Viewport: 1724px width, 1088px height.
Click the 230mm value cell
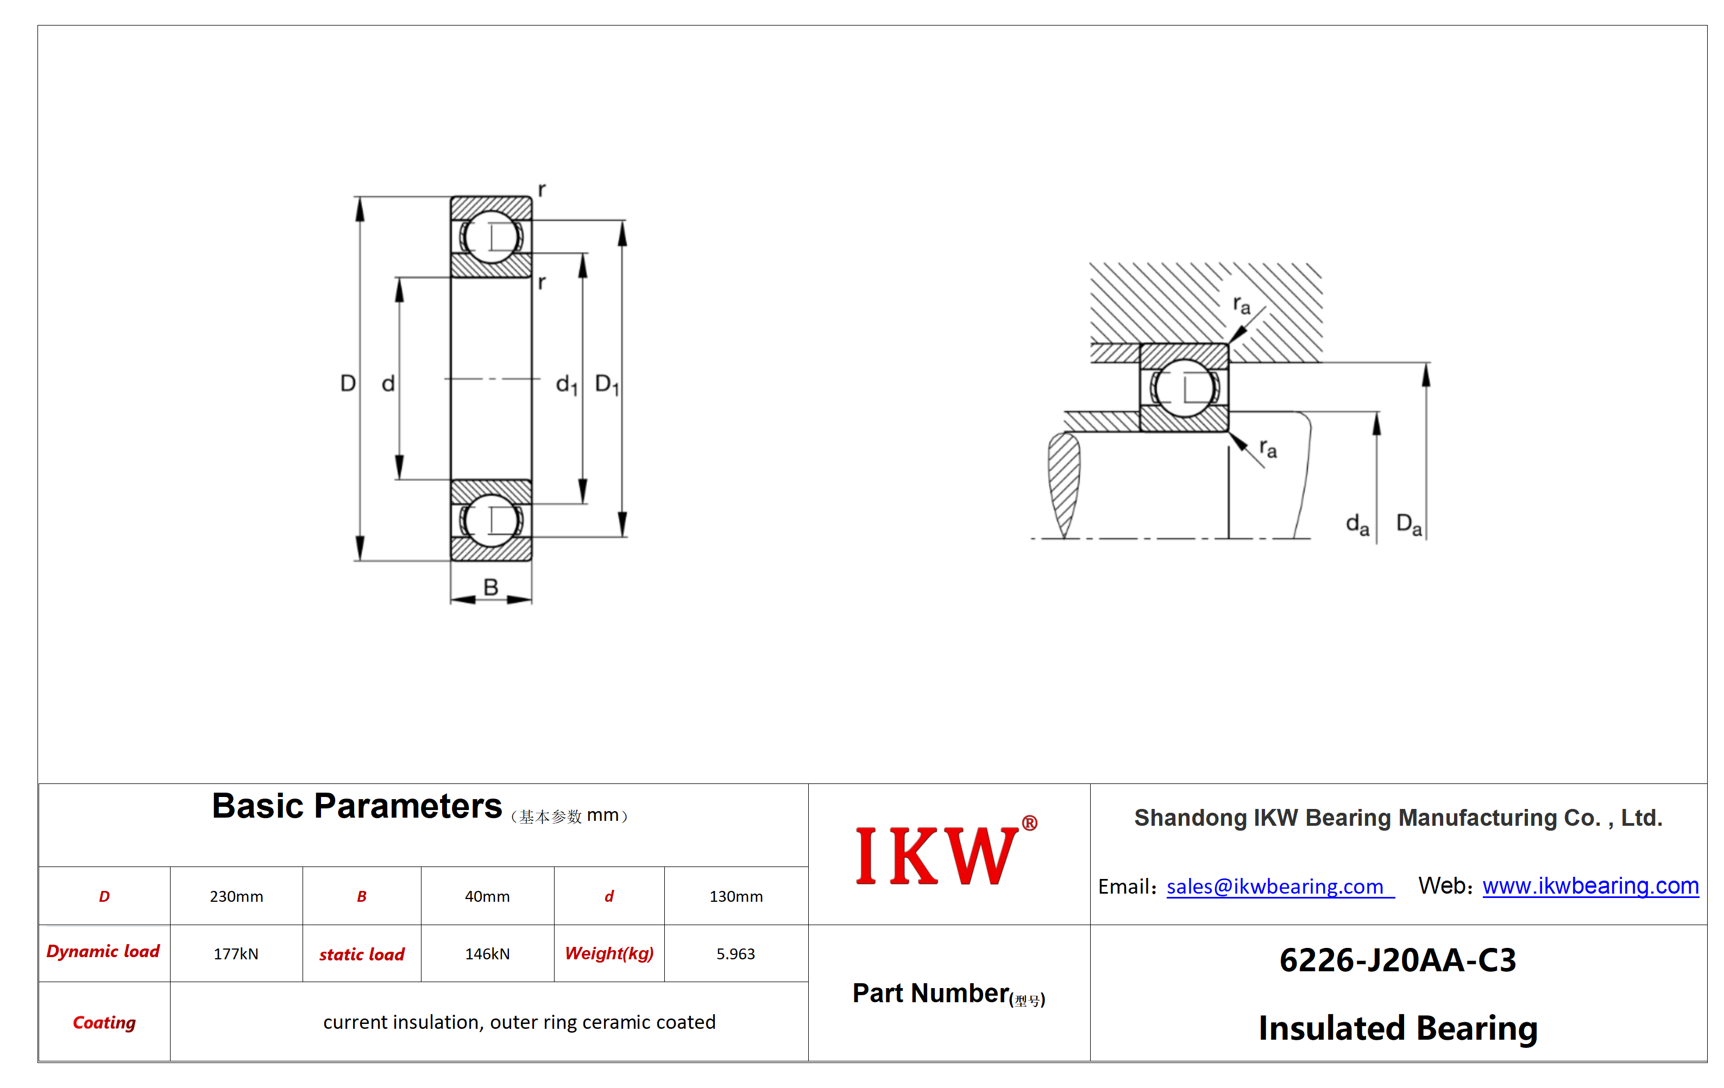pyautogui.click(x=236, y=896)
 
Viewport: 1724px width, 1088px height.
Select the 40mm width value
pyautogui.click(x=487, y=896)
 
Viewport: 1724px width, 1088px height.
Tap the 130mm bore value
pyautogui.click(x=736, y=896)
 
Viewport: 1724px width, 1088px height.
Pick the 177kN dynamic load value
pyautogui.click(x=236, y=953)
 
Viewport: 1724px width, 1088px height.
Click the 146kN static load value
pyautogui.click(x=487, y=953)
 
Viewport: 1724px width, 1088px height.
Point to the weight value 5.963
pyautogui.click(x=736, y=953)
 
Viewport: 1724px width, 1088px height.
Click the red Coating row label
pyautogui.click(x=104, y=1022)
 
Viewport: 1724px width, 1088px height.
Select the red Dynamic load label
pyautogui.click(x=103, y=951)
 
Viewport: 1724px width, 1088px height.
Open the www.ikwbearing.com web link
pyautogui.click(x=1590, y=885)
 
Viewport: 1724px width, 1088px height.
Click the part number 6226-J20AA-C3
pyautogui.click(x=1398, y=960)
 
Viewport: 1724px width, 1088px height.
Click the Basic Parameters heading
pyautogui.click(x=356, y=806)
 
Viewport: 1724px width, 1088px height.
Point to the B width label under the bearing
pyautogui.click(x=490, y=587)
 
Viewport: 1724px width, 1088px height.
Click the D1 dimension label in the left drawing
pyautogui.click(x=607, y=384)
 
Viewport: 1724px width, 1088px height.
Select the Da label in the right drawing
pyautogui.click(x=1409, y=524)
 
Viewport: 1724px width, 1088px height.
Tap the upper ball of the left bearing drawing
pyautogui.click(x=491, y=236)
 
